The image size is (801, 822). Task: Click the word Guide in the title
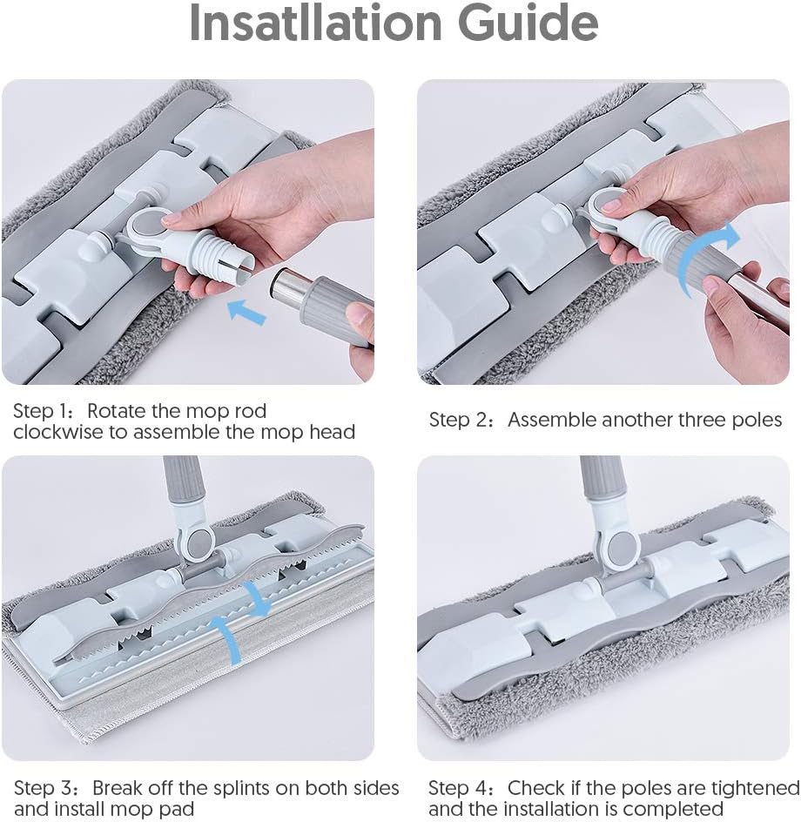pos(528,23)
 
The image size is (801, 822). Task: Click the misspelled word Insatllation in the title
pos(315,23)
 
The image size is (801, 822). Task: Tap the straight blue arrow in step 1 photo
pos(247,311)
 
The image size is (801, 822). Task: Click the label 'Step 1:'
pos(44,412)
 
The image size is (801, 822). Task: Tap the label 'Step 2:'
pos(461,421)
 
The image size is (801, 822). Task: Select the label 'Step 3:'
pos(46,788)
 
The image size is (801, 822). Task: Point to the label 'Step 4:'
pos(461,788)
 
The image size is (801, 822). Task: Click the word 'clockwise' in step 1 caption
pos(57,433)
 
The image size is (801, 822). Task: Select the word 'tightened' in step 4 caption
pos(756,788)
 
